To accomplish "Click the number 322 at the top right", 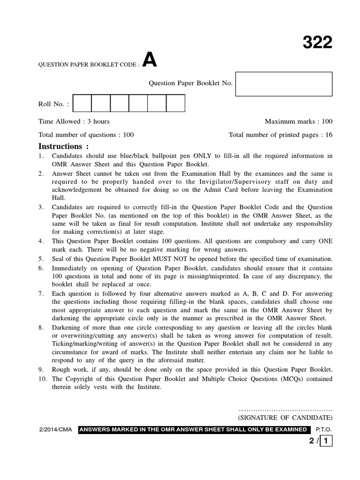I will click(317, 43).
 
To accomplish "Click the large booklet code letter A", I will click(149, 60).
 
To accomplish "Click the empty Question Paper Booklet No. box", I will click(284, 84).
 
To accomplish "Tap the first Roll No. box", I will click(82, 103).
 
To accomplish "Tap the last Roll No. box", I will click(175, 103).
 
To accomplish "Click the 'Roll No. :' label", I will click(53, 104).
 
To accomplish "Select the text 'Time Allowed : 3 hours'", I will click(74, 121).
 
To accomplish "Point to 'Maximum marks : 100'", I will click(298, 121).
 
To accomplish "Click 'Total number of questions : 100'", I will click(86, 135).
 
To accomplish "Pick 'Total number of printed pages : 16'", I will click(280, 135).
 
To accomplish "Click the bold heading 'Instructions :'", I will click(63, 146).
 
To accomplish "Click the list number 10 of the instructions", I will click(42, 379).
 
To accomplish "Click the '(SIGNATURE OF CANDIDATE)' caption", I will click(285, 417).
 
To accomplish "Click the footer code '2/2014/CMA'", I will click(55, 429).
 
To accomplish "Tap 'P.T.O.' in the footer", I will click(323, 429).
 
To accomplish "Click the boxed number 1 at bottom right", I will click(326, 441).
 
